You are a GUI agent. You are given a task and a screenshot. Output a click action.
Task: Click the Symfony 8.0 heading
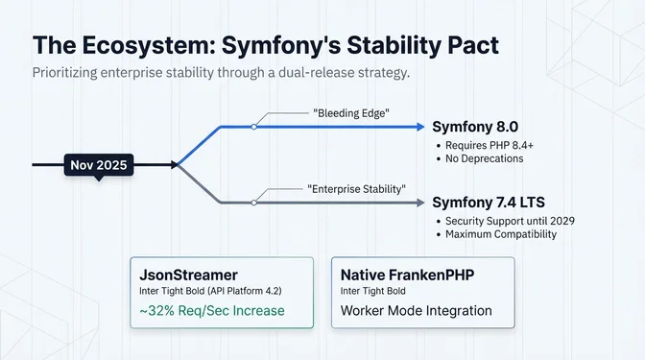point(476,127)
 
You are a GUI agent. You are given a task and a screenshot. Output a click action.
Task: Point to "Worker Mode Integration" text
point(417,311)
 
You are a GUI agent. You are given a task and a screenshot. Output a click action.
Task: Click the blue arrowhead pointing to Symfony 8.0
point(418,127)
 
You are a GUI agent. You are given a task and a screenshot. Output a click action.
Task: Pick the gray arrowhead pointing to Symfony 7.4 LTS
point(418,203)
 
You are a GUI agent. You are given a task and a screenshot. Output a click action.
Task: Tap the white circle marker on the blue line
point(253,127)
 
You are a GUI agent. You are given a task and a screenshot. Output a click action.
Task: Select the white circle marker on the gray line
point(253,203)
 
